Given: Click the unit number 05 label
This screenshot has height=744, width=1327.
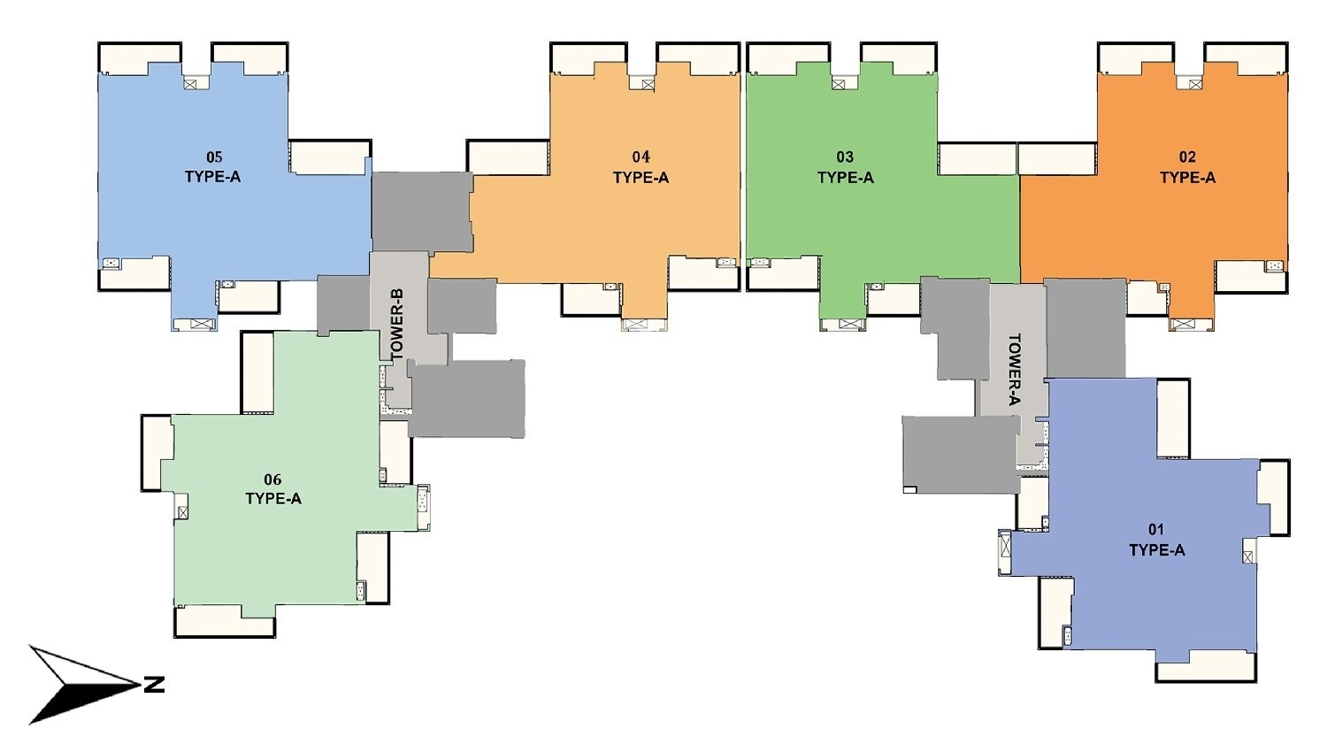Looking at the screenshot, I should [213, 157].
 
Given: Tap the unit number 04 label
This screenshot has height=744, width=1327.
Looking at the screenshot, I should [640, 157].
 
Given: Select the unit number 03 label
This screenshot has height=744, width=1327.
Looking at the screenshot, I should [845, 157].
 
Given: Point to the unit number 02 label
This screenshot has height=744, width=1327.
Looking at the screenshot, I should [1187, 157].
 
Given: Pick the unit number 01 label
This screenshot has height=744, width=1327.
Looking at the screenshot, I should [1156, 530].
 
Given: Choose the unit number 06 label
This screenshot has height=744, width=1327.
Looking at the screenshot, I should [272, 479].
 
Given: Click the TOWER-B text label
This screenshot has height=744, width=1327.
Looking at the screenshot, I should [397, 323].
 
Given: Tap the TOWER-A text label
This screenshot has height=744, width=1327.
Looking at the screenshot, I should [1014, 369].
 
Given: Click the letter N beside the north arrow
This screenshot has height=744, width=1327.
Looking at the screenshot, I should [154, 684].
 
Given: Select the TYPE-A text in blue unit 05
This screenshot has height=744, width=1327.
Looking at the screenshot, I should [212, 177].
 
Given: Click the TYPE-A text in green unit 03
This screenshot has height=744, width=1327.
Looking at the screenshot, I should [845, 178].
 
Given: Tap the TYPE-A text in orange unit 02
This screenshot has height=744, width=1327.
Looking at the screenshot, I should [1187, 178].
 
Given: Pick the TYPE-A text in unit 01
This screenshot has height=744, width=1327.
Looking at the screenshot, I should [1156, 550].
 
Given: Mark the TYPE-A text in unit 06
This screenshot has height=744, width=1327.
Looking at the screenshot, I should [273, 499].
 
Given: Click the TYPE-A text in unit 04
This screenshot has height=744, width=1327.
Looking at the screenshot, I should [640, 178].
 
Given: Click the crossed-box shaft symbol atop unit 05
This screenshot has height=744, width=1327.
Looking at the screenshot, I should [192, 83].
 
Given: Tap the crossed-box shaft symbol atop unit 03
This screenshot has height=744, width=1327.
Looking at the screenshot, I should [838, 84].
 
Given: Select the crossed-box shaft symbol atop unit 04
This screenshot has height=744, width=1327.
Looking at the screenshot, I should [648, 84].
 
